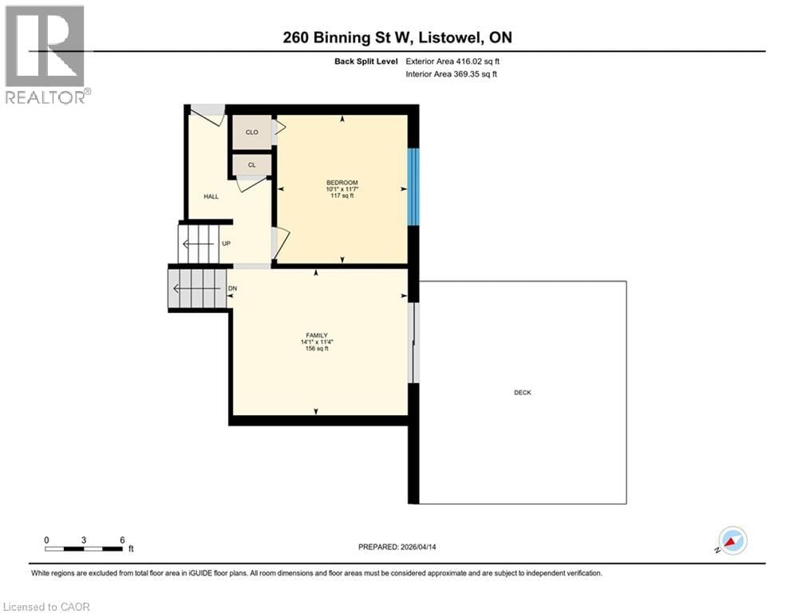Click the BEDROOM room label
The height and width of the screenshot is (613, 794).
(x=342, y=183)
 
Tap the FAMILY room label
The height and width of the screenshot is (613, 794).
(x=317, y=335)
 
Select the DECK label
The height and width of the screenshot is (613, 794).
(x=523, y=392)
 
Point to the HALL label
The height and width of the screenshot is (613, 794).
(x=211, y=196)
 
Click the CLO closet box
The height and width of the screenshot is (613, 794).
(x=251, y=132)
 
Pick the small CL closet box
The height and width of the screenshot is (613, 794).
(x=251, y=164)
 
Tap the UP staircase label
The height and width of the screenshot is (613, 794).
(x=226, y=243)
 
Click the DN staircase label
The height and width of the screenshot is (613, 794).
(x=232, y=288)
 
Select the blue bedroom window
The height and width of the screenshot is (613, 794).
(x=413, y=188)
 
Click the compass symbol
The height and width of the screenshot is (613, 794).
(x=732, y=541)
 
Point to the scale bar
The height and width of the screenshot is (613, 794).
(x=84, y=548)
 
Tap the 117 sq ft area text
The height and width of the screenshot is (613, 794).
(x=342, y=196)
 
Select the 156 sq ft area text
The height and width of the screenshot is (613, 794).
(x=317, y=349)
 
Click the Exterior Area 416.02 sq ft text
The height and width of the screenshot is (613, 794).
(x=452, y=61)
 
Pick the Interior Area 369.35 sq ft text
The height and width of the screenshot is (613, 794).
(x=452, y=74)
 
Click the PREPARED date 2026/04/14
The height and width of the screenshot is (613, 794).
(x=397, y=547)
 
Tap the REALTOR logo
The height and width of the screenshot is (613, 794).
(x=47, y=54)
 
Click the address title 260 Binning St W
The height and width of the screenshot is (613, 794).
(x=397, y=37)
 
